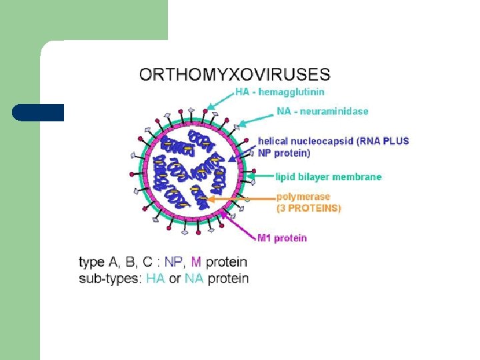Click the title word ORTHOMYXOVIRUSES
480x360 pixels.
[x=234, y=74]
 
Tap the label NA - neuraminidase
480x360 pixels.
[x=323, y=111]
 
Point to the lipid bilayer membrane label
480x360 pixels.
[x=329, y=177]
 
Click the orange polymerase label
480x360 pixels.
[x=303, y=197]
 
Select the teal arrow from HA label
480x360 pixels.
[x=220, y=99]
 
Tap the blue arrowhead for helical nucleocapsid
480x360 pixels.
[x=231, y=158]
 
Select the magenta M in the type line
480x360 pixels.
[x=197, y=262]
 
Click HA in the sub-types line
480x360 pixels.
[x=155, y=279]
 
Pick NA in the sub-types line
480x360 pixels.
[x=194, y=279]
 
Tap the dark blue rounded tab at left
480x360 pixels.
[x=38, y=112]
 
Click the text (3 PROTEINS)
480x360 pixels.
[x=308, y=208]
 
